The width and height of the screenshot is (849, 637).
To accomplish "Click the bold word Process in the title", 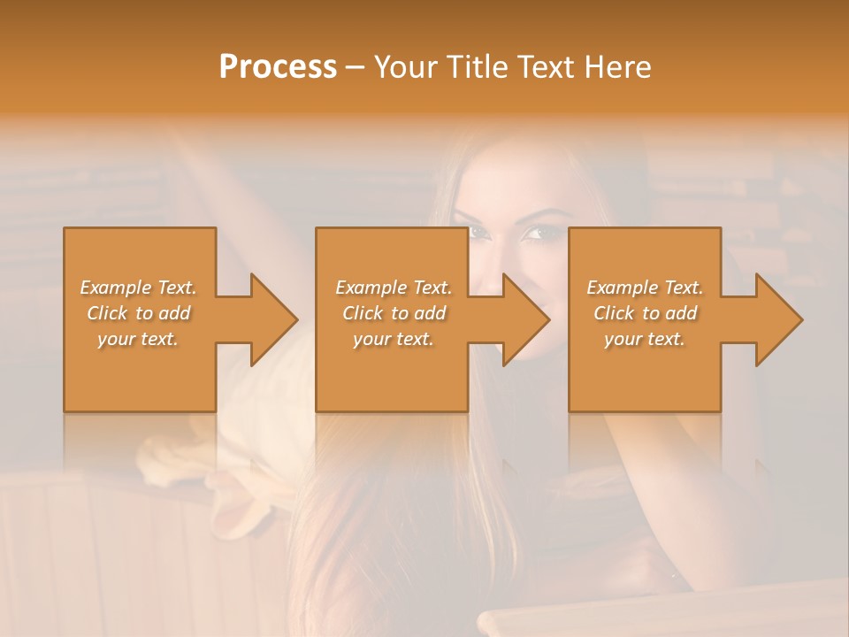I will point(278,66).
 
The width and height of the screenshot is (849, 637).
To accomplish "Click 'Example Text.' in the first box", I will point(138,288).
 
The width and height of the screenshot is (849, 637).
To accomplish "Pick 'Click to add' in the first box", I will point(138,313).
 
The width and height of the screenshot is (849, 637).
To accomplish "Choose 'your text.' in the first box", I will point(138,339).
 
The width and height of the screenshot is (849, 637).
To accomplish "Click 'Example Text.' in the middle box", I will point(394,288).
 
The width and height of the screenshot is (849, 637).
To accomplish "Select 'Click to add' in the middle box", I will point(394,313).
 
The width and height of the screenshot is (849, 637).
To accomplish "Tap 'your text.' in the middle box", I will point(394,339).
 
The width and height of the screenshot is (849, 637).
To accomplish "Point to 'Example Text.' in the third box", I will point(645,288).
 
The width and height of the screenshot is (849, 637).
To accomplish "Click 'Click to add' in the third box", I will point(645,313).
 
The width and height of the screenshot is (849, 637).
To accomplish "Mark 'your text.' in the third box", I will point(645,339).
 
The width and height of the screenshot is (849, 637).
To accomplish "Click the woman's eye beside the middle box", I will point(535,234).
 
